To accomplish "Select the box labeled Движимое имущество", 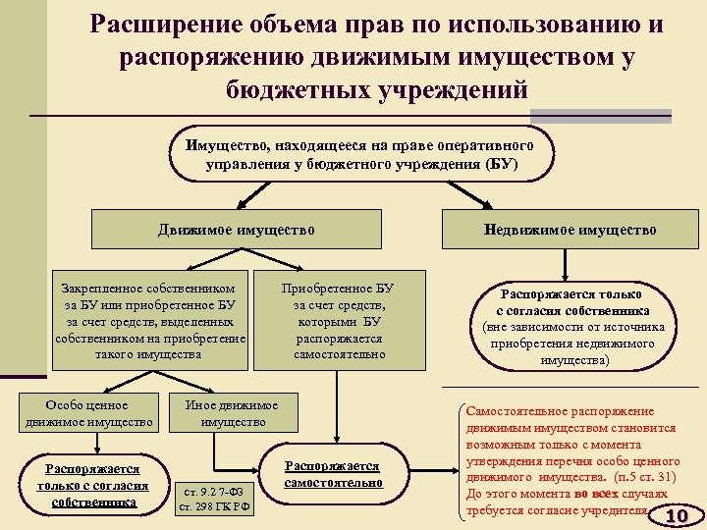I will pos(237,230).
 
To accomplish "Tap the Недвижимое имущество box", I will pos(570,230).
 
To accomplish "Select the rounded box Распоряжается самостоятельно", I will pos(332,474).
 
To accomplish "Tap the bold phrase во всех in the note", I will pos(598,495).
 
